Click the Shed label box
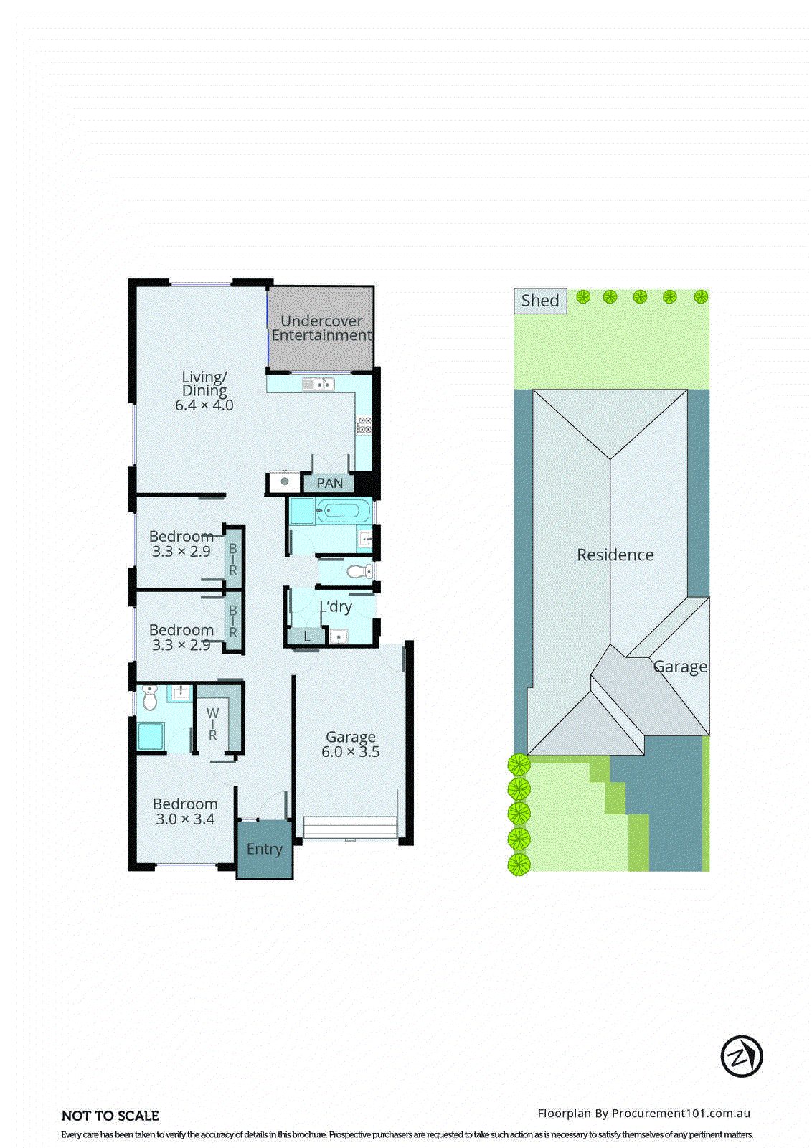[x=540, y=301]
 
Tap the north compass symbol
[x=741, y=1056]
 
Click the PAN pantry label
[x=330, y=484]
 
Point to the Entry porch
[x=264, y=850]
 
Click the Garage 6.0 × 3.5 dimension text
[x=350, y=752]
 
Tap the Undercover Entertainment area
[x=321, y=328]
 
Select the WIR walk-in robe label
[x=212, y=724]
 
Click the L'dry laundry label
[x=336, y=607]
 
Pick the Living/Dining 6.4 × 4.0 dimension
[x=204, y=405]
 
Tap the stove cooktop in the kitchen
[x=364, y=425]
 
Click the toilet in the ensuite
[x=149, y=698]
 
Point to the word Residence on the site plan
[x=615, y=555]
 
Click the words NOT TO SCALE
[x=110, y=1116]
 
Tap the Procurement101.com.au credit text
[x=643, y=1114]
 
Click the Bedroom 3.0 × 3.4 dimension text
[x=185, y=819]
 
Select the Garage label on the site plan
[x=680, y=667]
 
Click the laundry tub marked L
[x=307, y=636]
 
